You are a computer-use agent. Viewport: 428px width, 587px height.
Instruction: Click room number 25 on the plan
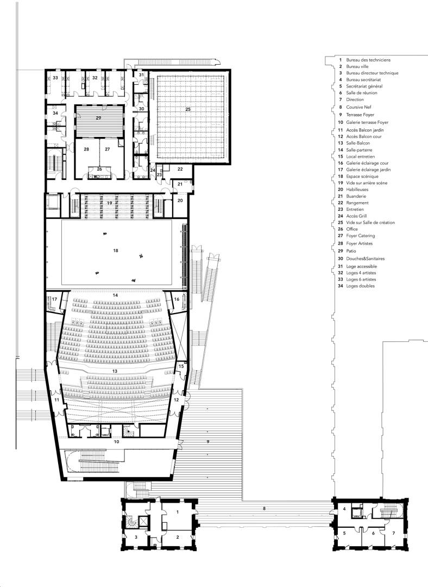188,109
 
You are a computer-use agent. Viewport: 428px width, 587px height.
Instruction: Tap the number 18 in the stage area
116,250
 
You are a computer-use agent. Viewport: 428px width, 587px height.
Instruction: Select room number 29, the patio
98,118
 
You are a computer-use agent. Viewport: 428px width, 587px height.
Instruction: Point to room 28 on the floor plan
86,149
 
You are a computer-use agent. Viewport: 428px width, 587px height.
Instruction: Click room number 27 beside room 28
108,149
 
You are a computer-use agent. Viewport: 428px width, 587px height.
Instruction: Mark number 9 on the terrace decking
208,442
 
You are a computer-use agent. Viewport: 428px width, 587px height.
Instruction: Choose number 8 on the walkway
264,508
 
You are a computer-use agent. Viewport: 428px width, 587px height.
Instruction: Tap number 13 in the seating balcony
115,371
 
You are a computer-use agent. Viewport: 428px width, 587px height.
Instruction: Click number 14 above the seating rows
115,295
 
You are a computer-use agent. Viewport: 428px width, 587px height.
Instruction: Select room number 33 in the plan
55,78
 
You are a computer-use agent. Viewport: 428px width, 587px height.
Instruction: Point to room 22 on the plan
180,169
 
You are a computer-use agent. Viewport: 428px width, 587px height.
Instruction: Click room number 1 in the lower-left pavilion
178,512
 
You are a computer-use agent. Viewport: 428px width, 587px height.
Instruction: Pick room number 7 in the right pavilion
393,533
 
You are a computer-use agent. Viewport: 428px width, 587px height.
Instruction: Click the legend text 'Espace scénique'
362,176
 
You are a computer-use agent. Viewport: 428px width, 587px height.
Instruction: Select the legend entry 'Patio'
351,251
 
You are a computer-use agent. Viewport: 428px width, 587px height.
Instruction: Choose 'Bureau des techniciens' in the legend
368,60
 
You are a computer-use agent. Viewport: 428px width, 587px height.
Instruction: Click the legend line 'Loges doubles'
360,286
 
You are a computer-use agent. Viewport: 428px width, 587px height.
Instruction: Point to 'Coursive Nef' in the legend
360,107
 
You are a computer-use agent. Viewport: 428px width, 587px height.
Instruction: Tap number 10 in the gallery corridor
116,442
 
